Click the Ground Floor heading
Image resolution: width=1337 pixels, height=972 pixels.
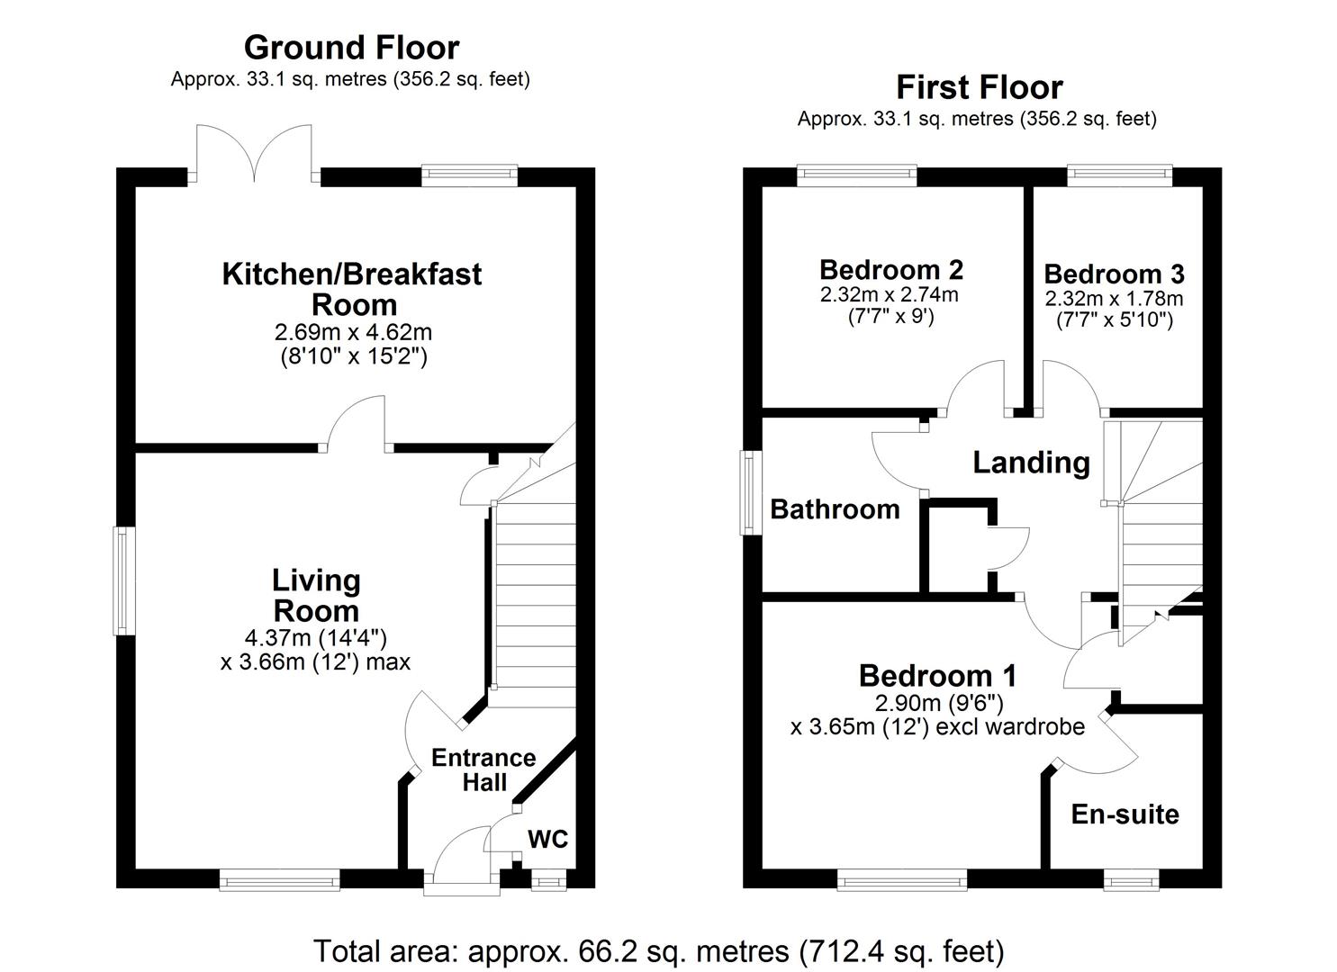[351, 47]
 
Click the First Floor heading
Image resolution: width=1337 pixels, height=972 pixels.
[979, 87]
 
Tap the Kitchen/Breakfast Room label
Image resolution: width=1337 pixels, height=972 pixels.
[352, 288]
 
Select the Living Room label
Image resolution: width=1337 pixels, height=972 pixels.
[316, 596]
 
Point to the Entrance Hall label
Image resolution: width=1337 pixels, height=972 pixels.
[483, 769]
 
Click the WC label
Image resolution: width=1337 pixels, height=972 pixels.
[547, 839]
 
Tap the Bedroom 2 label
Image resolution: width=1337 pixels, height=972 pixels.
[890, 269]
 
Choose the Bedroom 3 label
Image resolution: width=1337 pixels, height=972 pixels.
[1114, 274]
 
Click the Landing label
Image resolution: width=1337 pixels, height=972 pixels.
[1031, 463]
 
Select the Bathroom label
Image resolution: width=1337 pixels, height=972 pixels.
[835, 509]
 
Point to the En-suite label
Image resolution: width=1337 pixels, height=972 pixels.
[1125, 814]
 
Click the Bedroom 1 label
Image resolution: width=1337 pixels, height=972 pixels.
[937, 675]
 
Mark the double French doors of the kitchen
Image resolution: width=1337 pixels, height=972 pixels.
[255, 153]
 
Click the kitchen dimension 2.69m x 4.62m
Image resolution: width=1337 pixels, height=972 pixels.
[353, 333]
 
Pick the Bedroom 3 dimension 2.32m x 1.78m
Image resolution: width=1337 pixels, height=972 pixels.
[1114, 299]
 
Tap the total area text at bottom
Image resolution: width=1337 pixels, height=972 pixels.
[658, 950]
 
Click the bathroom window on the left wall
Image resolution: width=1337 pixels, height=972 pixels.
[748, 492]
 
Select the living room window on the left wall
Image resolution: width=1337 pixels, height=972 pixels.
[121, 580]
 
